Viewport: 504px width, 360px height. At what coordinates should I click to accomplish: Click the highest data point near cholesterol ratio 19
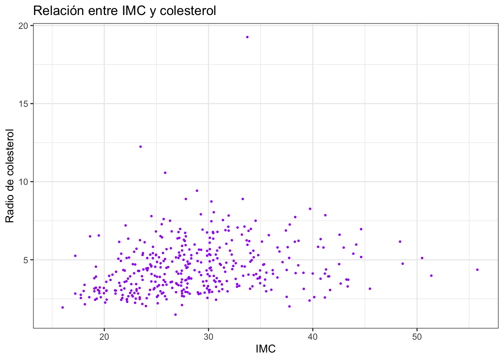pos(247,37)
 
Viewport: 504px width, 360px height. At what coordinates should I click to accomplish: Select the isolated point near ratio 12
pos(141,147)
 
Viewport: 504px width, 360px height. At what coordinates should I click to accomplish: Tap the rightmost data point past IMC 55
pos(477,270)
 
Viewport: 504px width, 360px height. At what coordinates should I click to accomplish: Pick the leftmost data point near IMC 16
pos(63,307)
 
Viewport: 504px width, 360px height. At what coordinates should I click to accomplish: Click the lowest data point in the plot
pos(175,315)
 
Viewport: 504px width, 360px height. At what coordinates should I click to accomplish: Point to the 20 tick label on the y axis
pos(23,26)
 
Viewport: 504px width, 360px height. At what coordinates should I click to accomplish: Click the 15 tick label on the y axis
pos(23,104)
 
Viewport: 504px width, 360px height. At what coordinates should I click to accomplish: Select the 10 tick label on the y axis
pos(23,182)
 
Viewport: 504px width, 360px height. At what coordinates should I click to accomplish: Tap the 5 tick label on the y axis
pos(25,260)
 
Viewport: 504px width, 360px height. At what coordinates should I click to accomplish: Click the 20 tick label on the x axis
pos(104,337)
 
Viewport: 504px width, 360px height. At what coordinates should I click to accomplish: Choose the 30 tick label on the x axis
pos(208,337)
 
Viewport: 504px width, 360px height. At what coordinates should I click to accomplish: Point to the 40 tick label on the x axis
pos(313,337)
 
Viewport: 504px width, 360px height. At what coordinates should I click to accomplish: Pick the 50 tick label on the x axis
pos(417,337)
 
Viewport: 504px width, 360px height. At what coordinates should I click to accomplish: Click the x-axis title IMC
pos(266,349)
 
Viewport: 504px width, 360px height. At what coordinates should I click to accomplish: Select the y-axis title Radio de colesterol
pos(10,176)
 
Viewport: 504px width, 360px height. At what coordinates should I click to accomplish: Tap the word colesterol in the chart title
pos(188,11)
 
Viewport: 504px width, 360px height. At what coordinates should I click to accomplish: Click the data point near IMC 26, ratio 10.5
pos(165,173)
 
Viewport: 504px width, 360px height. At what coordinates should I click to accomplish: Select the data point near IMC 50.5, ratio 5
pos(422,258)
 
